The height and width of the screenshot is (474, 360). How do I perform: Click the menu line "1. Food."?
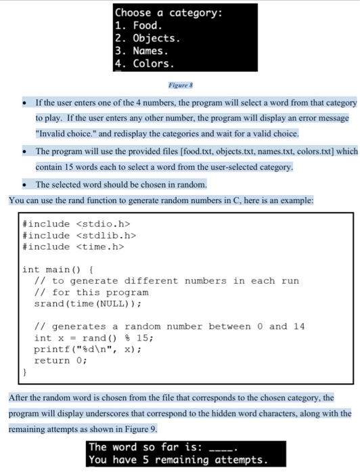138,26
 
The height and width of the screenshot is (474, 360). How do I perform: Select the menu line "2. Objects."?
147,39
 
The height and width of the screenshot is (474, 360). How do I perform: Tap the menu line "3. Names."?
141,51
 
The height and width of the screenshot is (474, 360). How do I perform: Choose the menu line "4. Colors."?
144,64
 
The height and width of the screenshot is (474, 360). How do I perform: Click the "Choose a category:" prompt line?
168,13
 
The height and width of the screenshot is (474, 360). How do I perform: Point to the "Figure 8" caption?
181,85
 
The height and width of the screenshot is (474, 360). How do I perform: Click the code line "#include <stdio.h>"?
76,223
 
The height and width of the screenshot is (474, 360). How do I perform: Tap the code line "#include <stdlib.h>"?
79,235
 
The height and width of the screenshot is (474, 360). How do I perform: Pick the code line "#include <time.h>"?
73,246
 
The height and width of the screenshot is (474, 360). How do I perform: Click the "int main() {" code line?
58,270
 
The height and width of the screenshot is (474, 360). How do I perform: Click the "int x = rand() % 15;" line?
93,338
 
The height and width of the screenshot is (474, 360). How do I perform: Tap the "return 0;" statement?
60,361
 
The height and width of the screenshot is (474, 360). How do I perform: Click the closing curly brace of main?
25,372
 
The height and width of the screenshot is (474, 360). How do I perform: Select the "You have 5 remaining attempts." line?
178,460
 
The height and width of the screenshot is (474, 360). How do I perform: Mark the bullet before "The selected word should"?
24,185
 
